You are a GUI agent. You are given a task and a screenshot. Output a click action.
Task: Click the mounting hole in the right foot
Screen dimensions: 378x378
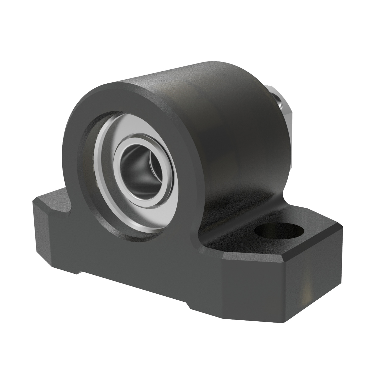(x=279, y=230)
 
